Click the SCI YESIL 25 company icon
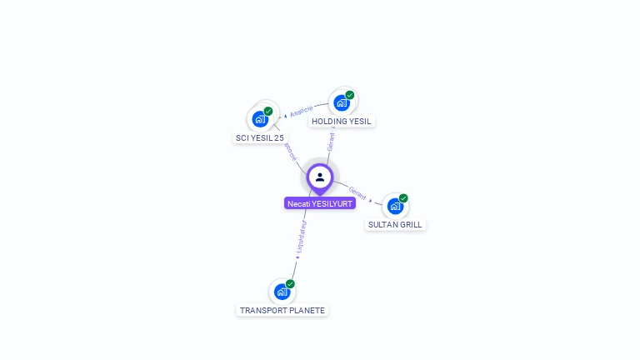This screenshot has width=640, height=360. click(x=260, y=120)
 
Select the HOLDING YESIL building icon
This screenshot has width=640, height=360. click(x=341, y=102)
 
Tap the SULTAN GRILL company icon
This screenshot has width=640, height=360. click(x=395, y=206)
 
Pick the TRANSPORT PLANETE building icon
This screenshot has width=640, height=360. click(x=282, y=292)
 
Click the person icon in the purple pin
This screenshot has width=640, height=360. click(x=320, y=177)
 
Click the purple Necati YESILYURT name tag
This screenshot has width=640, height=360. click(x=320, y=203)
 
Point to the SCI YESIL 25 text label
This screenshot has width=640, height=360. click(x=260, y=138)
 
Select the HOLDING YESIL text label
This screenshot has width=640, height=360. click(x=342, y=122)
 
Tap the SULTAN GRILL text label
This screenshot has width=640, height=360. click(x=396, y=225)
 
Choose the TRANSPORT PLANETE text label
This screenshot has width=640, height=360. click(x=282, y=310)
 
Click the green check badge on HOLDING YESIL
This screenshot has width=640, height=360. click(x=350, y=95)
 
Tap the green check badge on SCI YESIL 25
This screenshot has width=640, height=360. click(x=268, y=111)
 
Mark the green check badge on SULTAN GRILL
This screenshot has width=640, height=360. click(x=403, y=198)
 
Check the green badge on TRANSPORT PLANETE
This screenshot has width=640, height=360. click(x=290, y=284)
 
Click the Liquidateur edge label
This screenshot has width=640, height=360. click(x=301, y=238)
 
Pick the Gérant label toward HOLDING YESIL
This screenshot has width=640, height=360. click(x=331, y=141)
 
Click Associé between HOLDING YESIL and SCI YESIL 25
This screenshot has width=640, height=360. click(x=302, y=111)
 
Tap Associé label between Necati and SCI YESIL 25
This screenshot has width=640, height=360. click(x=291, y=151)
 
